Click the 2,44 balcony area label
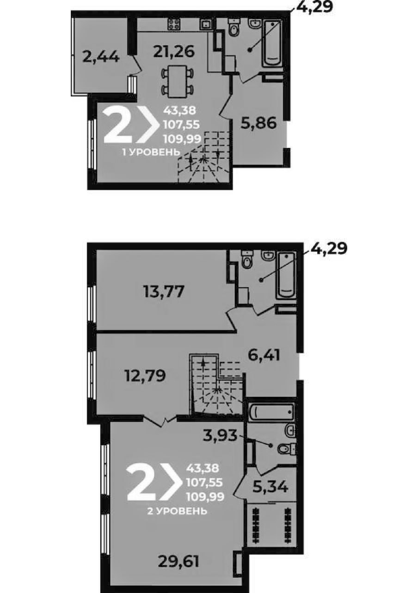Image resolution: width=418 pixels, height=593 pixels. click(100, 57)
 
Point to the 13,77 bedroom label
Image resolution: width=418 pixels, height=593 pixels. click(164, 291)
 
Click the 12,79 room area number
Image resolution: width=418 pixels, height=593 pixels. click(145, 375)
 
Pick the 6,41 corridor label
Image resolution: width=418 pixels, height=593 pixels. click(264, 355)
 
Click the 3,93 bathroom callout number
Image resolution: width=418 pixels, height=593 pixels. click(221, 435)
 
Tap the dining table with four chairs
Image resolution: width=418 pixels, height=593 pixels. click(177, 81)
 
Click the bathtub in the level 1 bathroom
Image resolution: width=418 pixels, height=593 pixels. click(272, 44)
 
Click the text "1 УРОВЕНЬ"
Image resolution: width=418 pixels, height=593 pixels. click(151, 152)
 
